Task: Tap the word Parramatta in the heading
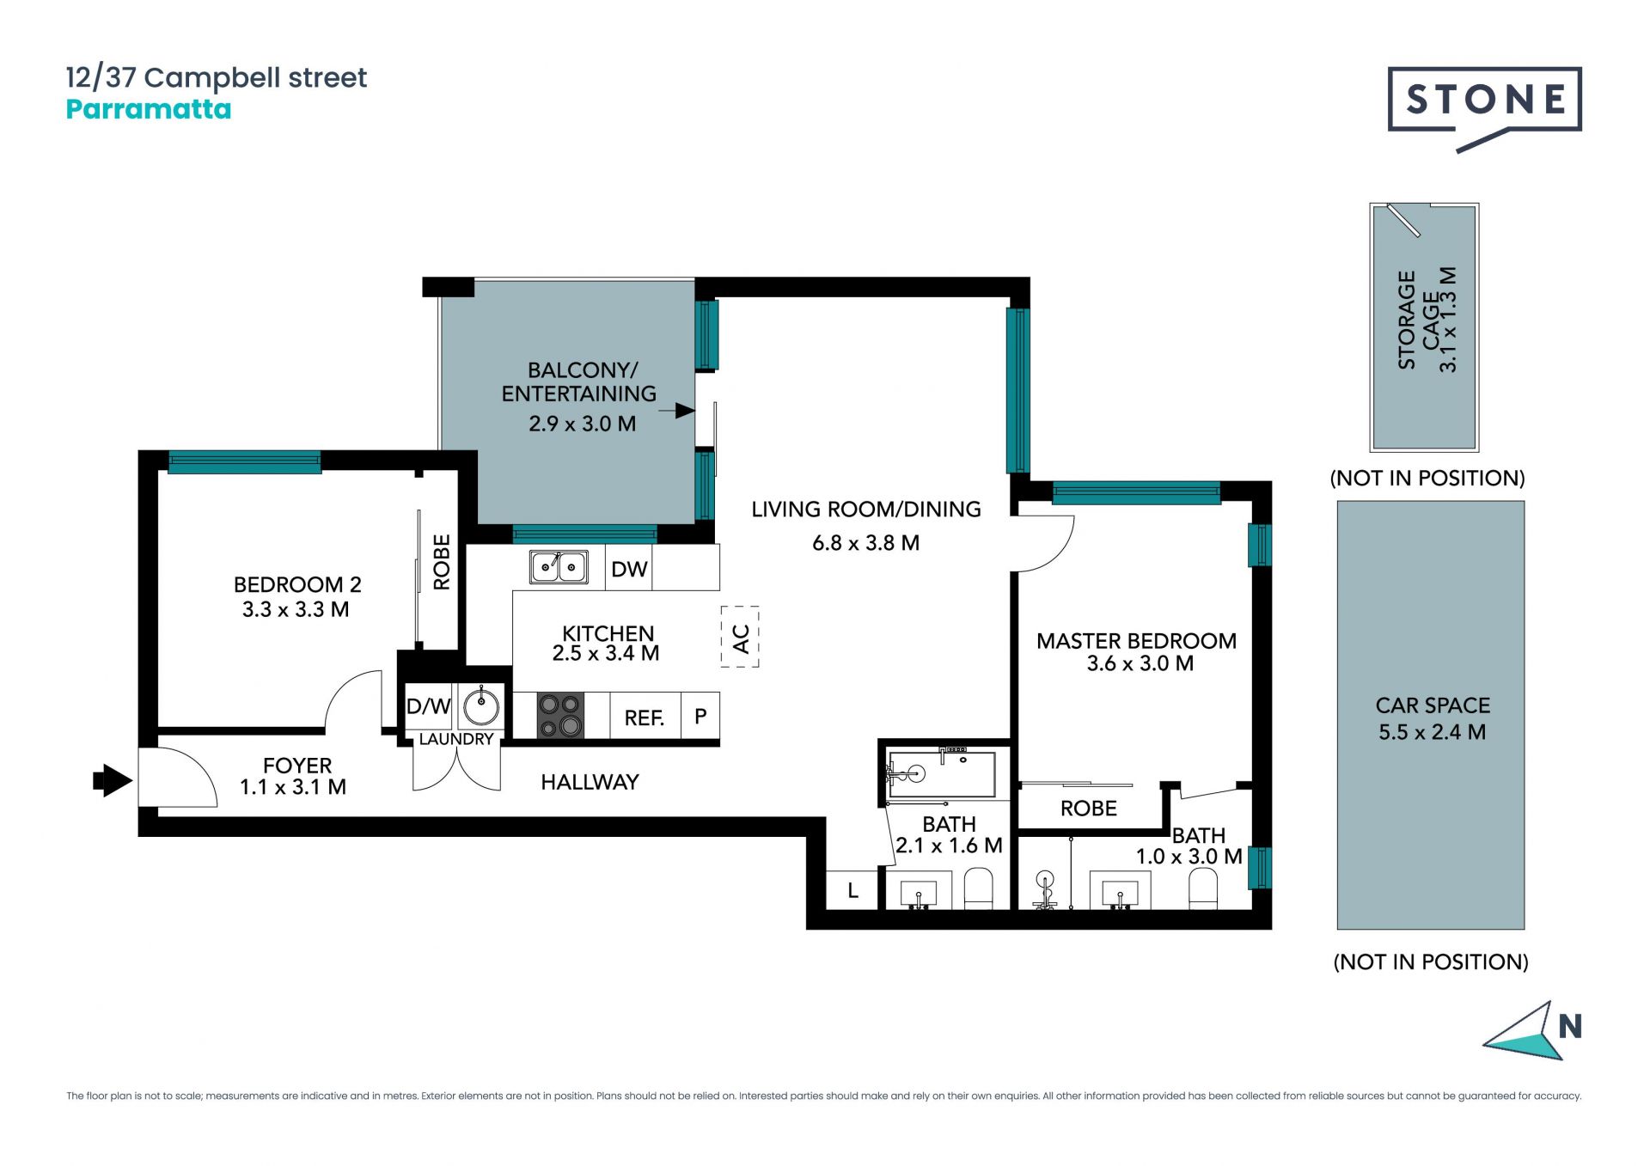pyautogui.click(x=149, y=109)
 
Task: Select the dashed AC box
pyautogui.click(x=740, y=637)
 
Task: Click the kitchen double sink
pyautogui.click(x=559, y=567)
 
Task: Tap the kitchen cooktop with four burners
pyautogui.click(x=560, y=716)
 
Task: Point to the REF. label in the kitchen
pyautogui.click(x=645, y=718)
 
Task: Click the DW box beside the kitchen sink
pyautogui.click(x=629, y=568)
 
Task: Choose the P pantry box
pyautogui.click(x=700, y=716)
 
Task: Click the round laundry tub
pyautogui.click(x=481, y=708)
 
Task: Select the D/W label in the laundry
pyautogui.click(x=428, y=706)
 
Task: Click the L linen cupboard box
pyautogui.click(x=852, y=890)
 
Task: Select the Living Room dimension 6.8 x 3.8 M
pyautogui.click(x=866, y=543)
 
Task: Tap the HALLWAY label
pyautogui.click(x=590, y=782)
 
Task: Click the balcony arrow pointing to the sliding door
pyautogui.click(x=677, y=411)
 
